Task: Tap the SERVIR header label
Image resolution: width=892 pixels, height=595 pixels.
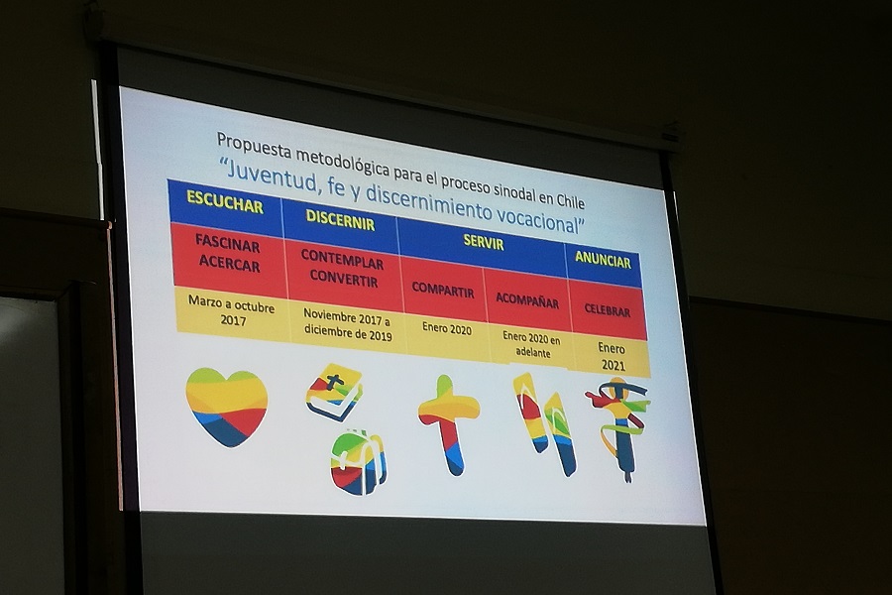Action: coord(484,243)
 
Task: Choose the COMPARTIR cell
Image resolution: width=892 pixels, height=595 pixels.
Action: coord(443,290)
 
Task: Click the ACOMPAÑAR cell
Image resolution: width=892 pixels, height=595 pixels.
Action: coord(527,300)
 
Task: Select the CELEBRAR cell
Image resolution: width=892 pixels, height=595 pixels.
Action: coord(608,310)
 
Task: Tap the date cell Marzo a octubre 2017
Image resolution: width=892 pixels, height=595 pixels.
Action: coord(232,312)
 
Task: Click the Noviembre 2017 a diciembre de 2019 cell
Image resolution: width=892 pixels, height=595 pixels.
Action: coord(348,324)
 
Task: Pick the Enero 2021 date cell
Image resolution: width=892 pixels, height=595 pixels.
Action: coord(612,356)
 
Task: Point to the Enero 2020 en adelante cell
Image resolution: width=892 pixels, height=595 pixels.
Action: coord(531,344)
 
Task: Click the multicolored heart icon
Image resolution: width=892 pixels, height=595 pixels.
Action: coord(227,406)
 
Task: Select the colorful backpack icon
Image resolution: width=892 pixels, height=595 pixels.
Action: coord(359,462)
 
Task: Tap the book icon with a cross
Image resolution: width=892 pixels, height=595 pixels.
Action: coord(335,393)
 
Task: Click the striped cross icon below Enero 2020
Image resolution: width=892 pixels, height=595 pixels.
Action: coord(449,423)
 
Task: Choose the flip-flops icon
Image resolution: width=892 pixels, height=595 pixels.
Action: coord(544,422)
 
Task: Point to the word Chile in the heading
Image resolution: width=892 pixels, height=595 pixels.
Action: coord(570,200)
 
